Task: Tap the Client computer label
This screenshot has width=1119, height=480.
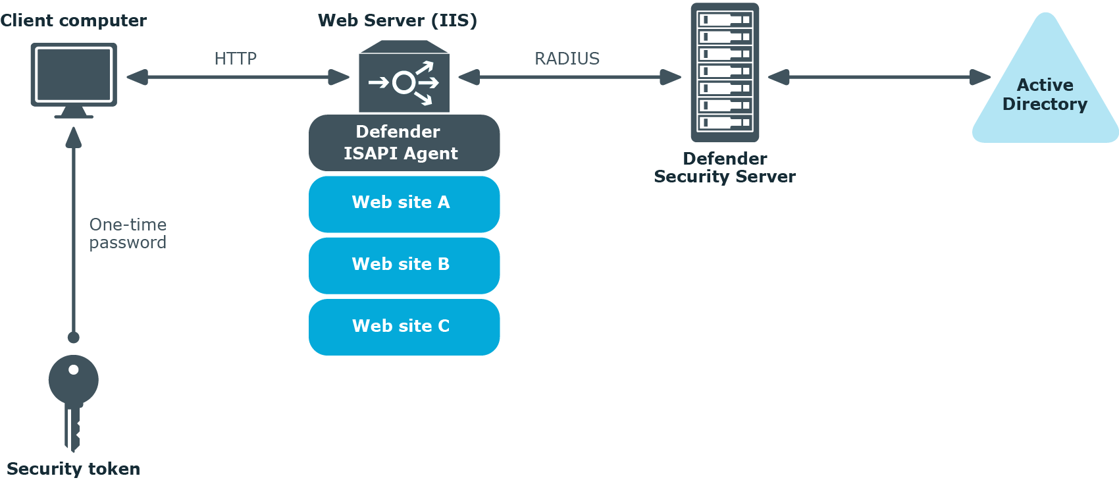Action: (73, 20)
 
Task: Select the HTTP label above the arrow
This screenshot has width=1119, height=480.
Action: (235, 59)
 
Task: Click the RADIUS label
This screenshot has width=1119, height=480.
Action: (567, 59)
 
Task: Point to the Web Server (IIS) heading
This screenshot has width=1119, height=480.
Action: (398, 20)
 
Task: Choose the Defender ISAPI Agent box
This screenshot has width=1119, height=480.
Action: (404, 143)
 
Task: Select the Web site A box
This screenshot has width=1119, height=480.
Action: (404, 203)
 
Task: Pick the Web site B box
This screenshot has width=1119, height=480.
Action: (404, 265)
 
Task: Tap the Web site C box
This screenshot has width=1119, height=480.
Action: (404, 327)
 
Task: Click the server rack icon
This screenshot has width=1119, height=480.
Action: (725, 72)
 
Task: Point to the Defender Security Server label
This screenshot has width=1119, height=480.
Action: (725, 168)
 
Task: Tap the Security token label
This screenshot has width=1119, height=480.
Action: (73, 469)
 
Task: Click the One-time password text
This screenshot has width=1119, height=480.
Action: (128, 234)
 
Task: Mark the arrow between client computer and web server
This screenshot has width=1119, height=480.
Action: (238, 77)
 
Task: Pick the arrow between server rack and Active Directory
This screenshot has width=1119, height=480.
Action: (879, 77)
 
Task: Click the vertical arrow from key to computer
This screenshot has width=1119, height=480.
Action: (74, 230)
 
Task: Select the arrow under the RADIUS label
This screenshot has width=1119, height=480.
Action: (569, 77)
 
